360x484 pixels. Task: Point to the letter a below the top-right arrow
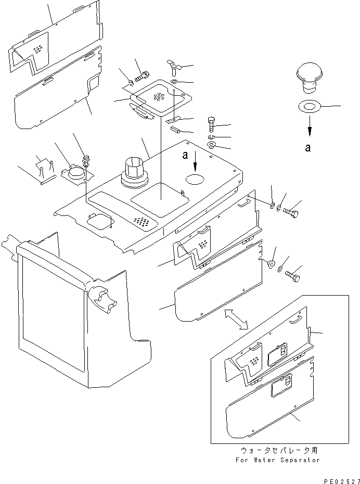click(x=308, y=147)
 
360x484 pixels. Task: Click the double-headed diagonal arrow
click(x=235, y=318)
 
